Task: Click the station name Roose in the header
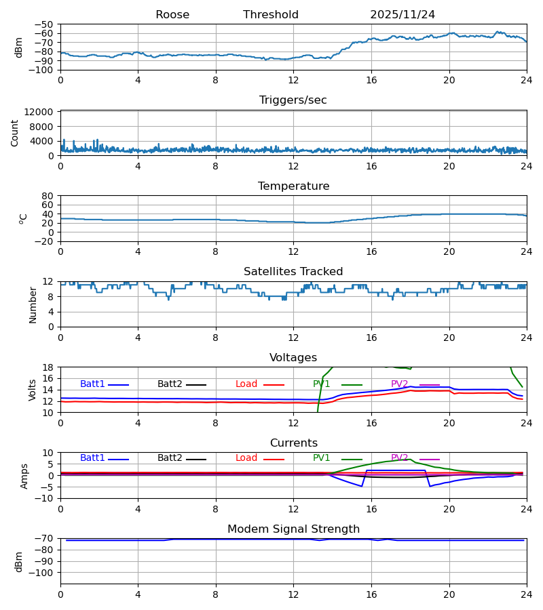[172, 15]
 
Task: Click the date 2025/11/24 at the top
[402, 15]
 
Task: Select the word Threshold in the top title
[271, 15]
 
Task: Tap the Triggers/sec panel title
[293, 100]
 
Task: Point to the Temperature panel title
[293, 186]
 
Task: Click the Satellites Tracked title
[293, 272]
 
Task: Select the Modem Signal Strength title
[293, 529]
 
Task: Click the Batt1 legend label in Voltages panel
[93, 384]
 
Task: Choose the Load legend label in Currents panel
[246, 458]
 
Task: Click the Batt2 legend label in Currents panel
[170, 458]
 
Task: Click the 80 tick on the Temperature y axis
[48, 196]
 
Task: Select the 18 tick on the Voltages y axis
[48, 367]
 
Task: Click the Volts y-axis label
[33, 390]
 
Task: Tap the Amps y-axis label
[26, 476]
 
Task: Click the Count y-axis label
[15, 133]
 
